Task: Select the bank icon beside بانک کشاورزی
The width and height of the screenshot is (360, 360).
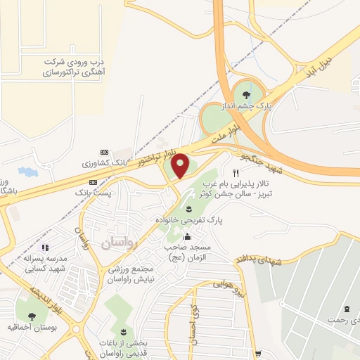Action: (105, 153)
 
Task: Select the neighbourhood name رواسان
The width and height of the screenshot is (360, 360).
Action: (115, 243)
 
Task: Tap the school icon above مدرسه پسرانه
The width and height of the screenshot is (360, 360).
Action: (45, 247)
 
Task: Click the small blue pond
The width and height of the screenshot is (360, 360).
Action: (27, 172)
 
